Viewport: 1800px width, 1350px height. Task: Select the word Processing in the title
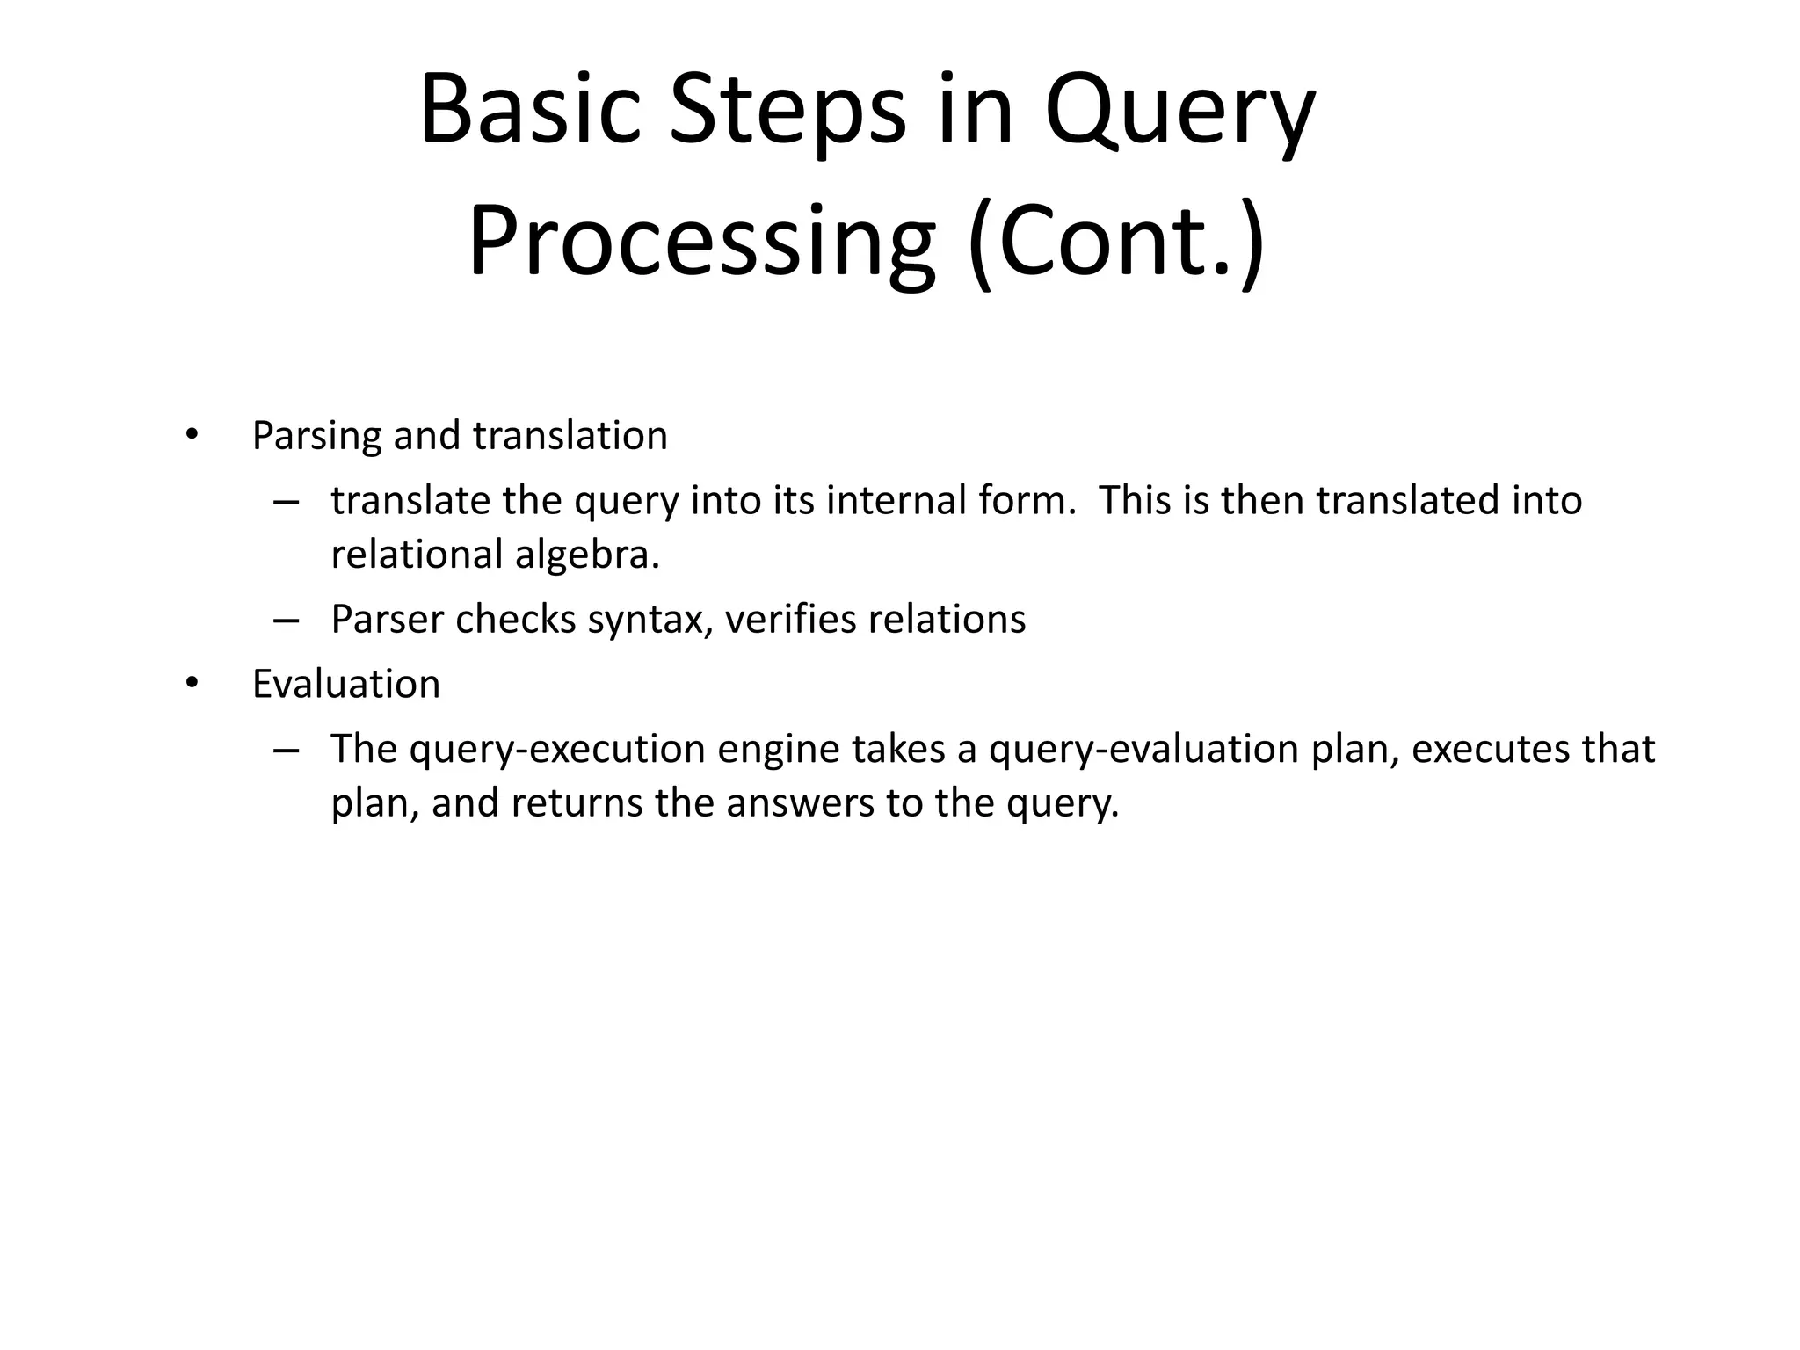(x=701, y=241)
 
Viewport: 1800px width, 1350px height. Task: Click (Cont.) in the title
(x=1116, y=241)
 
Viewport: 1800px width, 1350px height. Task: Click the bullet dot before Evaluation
(x=192, y=684)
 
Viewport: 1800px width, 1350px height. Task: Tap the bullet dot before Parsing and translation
(x=192, y=435)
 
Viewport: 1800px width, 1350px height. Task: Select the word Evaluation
(x=345, y=684)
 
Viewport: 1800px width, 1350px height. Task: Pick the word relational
(x=417, y=555)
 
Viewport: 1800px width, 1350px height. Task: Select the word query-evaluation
(x=1143, y=750)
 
